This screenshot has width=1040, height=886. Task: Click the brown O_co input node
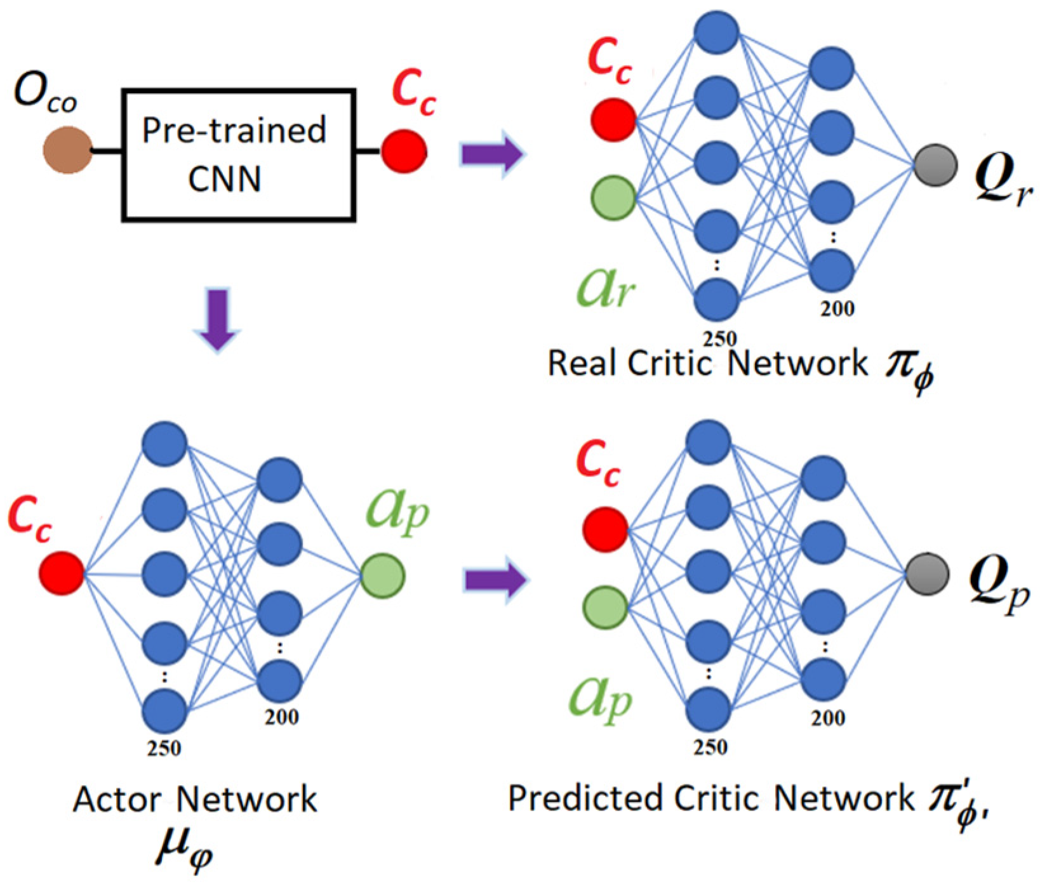pos(67,150)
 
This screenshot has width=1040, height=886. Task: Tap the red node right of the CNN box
pos(404,151)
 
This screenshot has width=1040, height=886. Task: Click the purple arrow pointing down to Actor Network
pos(217,320)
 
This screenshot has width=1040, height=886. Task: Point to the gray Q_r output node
pos(935,165)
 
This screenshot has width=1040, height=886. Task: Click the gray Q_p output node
pos(927,574)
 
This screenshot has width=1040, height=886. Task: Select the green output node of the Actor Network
pos(383,576)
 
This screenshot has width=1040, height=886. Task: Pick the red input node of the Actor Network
pos(62,573)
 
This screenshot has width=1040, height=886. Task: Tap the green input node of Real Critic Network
pos(614,198)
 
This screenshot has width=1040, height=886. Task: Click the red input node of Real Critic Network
pos(614,119)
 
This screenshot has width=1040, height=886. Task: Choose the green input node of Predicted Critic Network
pos(606,607)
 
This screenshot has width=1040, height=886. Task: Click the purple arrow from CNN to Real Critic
pos(492,154)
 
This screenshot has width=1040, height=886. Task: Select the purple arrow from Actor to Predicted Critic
pos(496,579)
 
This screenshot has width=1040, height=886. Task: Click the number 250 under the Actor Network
pos(164,748)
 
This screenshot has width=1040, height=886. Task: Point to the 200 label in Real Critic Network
pos(837,309)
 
